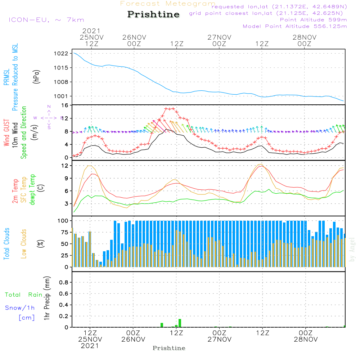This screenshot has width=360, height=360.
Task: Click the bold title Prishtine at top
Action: coord(153,14)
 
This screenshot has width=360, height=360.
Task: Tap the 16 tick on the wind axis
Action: coord(66,105)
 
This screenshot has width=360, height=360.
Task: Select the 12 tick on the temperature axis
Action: coord(66,166)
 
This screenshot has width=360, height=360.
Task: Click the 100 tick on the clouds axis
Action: coord(63,220)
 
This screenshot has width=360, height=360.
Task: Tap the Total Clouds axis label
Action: coord(7,244)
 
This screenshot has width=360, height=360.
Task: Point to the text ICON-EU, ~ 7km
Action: coord(46,20)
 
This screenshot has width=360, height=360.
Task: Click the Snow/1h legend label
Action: coord(20,308)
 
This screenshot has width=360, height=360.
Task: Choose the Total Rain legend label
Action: coord(23,295)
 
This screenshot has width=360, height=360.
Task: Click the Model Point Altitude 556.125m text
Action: coord(295,26)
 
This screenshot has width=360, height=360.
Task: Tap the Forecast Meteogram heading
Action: coord(168,4)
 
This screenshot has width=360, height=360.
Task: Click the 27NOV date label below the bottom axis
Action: coord(219,339)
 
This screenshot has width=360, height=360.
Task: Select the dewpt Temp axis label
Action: coord(33,190)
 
